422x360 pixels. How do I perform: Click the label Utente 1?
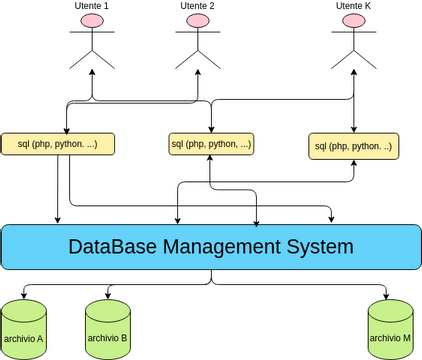92,6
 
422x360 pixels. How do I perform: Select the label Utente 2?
198,6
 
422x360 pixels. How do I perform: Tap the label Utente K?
353,6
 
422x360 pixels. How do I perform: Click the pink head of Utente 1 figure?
92,21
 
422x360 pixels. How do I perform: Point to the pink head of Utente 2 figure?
198,21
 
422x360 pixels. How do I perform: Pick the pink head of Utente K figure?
353,21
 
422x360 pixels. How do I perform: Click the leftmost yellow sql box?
59,144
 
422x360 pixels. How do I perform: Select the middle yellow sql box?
211,144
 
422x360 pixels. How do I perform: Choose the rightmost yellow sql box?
353,146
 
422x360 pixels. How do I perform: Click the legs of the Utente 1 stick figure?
92,60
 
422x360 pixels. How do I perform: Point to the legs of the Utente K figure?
353,60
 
